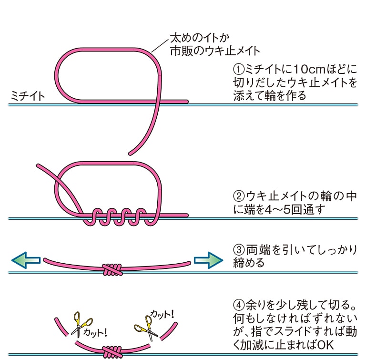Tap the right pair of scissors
coord(144,328)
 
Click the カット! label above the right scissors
coord(162,314)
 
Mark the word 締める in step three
coord(248,263)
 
